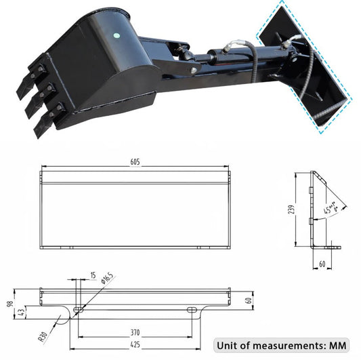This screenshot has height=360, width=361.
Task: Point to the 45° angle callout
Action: [x=331, y=209]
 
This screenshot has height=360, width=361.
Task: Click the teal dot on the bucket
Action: [x=116, y=37]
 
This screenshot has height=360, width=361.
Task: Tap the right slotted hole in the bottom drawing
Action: [x=192, y=310]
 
